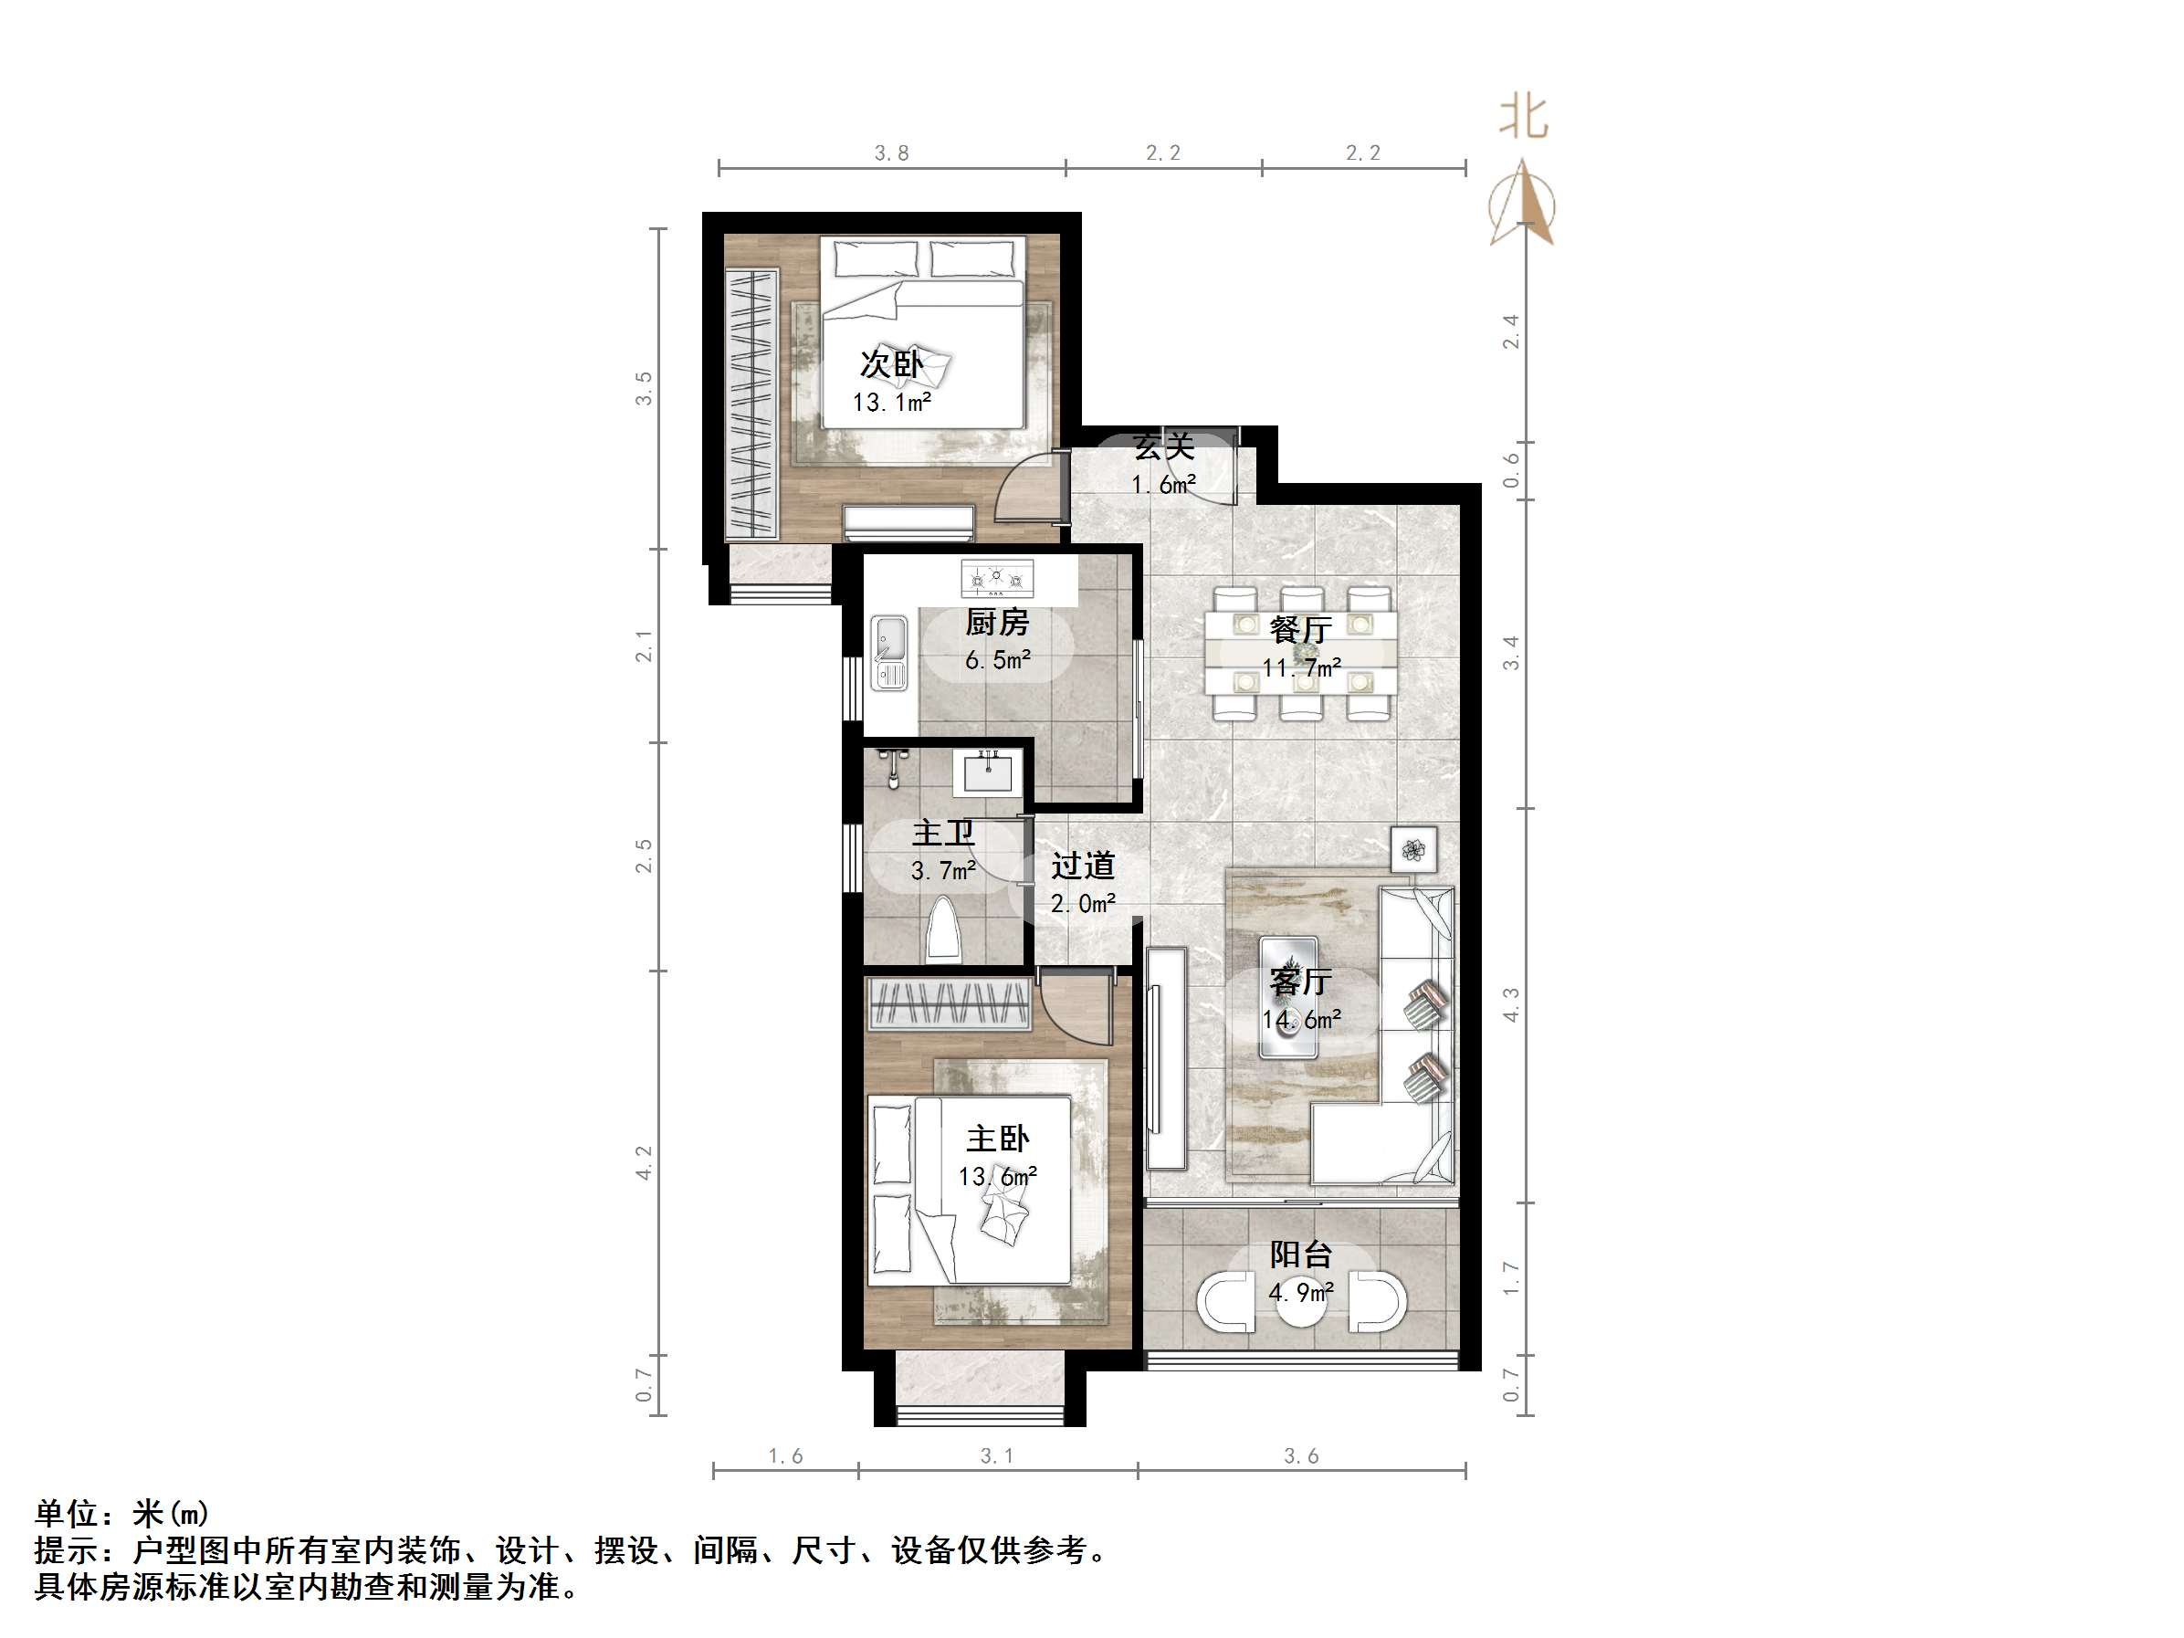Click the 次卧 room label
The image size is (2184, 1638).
[890, 364]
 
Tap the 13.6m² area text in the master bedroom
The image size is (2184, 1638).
[997, 1177]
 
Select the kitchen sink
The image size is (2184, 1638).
[888, 652]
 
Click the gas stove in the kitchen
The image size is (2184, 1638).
[997, 579]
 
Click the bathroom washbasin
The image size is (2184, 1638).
[987, 772]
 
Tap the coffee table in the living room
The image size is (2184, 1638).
[1288, 997]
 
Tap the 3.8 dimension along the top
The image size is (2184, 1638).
[891, 153]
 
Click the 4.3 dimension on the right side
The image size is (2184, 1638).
[1511, 1005]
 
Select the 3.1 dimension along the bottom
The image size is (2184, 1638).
[996, 1455]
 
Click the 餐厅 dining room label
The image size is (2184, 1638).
[1300, 629]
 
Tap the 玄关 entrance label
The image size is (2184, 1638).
[1164, 446]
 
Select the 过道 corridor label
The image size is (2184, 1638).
[1083, 866]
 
